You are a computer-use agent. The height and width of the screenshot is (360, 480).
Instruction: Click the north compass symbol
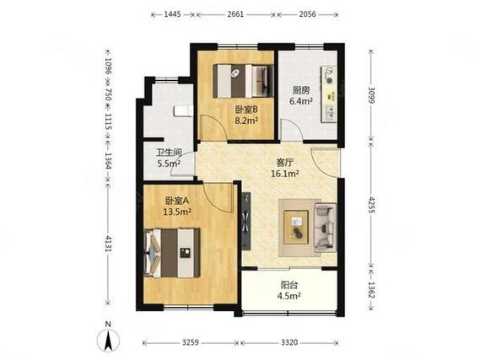108,337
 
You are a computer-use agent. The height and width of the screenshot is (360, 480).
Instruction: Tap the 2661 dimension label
235,14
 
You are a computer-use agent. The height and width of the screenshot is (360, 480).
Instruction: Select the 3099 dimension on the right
371,95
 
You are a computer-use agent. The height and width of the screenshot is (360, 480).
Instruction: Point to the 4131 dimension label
108,243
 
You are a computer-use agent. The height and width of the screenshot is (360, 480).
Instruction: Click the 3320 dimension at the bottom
289,342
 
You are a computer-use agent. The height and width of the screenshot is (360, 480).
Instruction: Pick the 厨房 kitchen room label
301,90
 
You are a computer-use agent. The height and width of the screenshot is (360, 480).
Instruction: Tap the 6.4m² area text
301,101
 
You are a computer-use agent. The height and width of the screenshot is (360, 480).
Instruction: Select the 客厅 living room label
284,162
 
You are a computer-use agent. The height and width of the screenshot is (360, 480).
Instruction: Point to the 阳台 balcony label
289,285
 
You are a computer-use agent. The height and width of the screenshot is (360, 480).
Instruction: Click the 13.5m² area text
177,212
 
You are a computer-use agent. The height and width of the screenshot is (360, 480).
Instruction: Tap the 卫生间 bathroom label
169,152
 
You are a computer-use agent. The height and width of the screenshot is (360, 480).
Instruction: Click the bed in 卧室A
172,253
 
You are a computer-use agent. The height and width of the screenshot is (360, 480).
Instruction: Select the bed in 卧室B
243,81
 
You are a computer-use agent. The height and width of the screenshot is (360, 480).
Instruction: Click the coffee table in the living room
296,228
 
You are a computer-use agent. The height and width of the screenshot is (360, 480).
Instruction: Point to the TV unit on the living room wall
245,222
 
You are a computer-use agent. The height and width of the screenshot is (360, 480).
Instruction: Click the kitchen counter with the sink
328,94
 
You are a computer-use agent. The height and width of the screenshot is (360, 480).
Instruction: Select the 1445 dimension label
173,14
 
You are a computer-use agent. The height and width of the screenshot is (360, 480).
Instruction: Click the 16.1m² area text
284,174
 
